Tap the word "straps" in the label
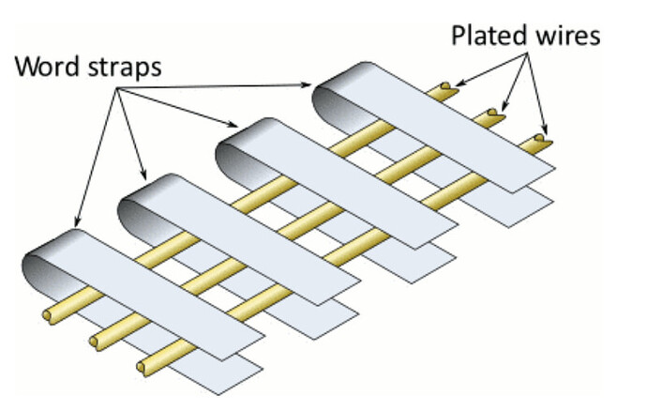click(123, 69)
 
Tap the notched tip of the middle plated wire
click(493, 116)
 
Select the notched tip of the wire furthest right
click(539, 143)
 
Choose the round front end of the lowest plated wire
click(142, 365)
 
